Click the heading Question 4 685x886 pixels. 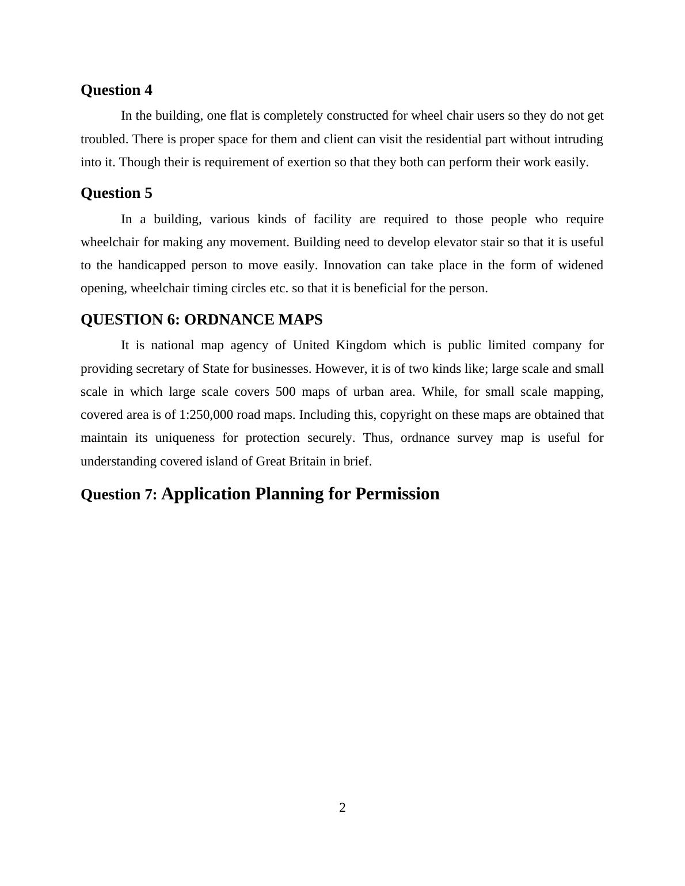(x=116, y=90)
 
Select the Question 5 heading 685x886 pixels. (x=116, y=193)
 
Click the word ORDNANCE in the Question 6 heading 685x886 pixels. (x=229, y=320)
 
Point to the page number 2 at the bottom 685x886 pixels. (x=342, y=808)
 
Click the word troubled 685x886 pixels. (x=105, y=139)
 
